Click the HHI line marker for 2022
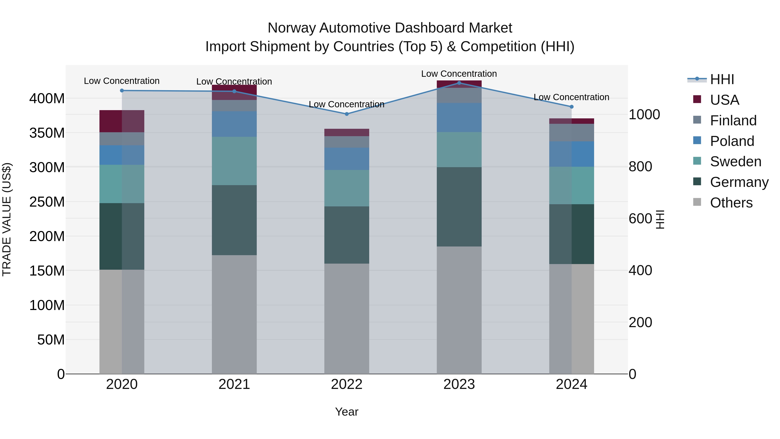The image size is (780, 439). pyautogui.click(x=347, y=114)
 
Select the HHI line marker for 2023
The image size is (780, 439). pyautogui.click(x=459, y=83)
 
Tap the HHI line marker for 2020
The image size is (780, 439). pyautogui.click(x=122, y=90)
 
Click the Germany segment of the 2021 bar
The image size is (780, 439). pyautogui.click(x=234, y=220)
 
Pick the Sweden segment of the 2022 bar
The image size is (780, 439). pyautogui.click(x=347, y=188)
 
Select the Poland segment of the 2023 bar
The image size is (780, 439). pyautogui.click(x=459, y=118)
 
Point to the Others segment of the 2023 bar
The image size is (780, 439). pyautogui.click(x=459, y=310)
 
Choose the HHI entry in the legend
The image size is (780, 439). pyautogui.click(x=722, y=79)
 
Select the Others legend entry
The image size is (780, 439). pyautogui.click(x=731, y=203)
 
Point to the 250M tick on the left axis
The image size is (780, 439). pyautogui.click(x=47, y=202)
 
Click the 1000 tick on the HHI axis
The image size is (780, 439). pyautogui.click(x=644, y=114)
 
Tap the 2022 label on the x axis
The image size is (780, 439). pyautogui.click(x=347, y=384)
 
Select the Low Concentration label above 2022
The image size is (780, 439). pyautogui.click(x=346, y=104)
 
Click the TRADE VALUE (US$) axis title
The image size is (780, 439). pyautogui.click(x=7, y=219)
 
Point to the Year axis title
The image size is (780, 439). pyautogui.click(x=347, y=412)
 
